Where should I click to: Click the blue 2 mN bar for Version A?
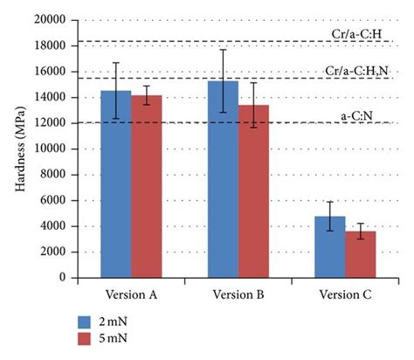[115, 184]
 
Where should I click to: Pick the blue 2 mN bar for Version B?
[223, 179]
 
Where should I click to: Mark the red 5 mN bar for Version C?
[361, 254]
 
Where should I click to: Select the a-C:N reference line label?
[357, 114]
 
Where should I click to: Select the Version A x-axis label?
[131, 294]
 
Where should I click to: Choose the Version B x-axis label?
[238, 294]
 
